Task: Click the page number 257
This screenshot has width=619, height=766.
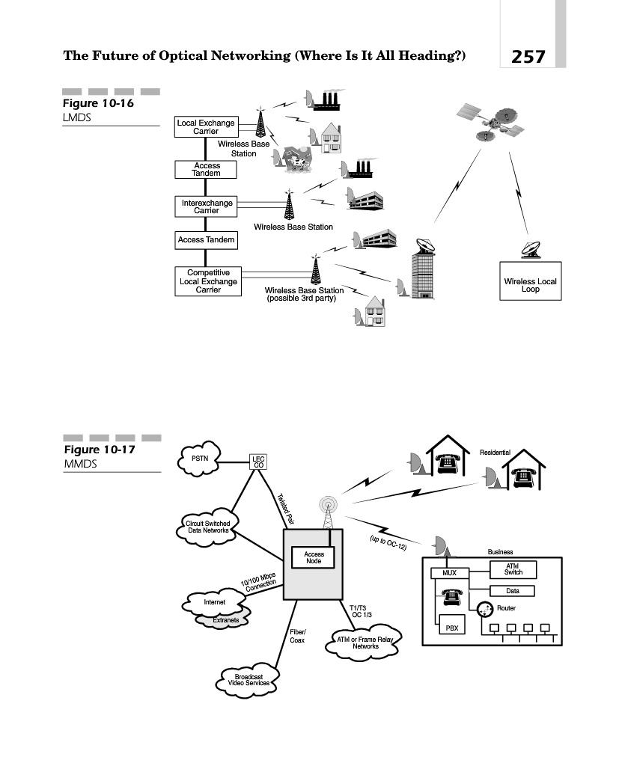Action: click(528, 56)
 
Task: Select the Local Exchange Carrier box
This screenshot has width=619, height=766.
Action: click(205, 127)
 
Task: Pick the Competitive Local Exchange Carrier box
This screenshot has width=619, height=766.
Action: click(208, 281)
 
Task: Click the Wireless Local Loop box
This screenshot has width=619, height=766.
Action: click(530, 285)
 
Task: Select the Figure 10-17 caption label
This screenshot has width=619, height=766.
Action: click(92, 450)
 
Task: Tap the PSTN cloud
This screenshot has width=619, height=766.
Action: click(200, 459)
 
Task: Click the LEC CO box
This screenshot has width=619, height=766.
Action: click(259, 462)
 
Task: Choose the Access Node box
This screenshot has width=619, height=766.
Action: click(314, 558)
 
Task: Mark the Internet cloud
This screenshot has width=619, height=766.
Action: click(215, 602)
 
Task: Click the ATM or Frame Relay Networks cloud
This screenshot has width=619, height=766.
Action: click(365, 642)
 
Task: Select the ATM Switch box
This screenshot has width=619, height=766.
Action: click(513, 569)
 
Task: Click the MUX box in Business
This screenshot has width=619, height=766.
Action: click(449, 573)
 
